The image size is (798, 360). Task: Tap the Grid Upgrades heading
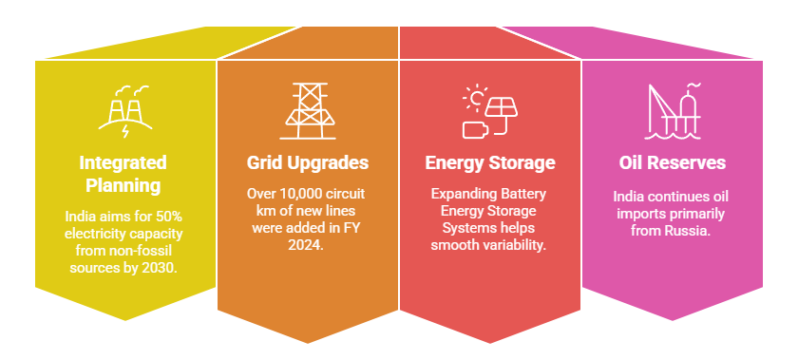pos(307,162)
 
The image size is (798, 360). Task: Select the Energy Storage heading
pos(489,162)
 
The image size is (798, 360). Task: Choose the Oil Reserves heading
pos(672,162)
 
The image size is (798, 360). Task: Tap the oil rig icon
pos(671,107)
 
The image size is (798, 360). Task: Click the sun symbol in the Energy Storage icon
pos(474,99)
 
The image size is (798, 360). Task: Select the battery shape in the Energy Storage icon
pos(474,128)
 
